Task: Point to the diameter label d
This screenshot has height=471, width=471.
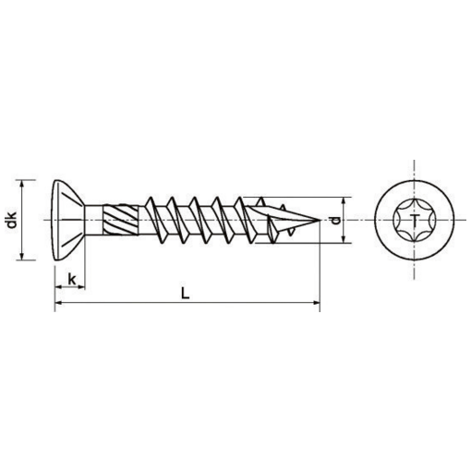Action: click(x=339, y=221)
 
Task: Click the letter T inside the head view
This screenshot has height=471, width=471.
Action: click(x=415, y=220)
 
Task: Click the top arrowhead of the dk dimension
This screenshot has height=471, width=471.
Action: click(x=26, y=182)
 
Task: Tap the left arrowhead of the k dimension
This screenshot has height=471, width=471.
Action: click(x=57, y=285)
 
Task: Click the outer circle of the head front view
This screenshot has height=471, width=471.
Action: click(x=415, y=183)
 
